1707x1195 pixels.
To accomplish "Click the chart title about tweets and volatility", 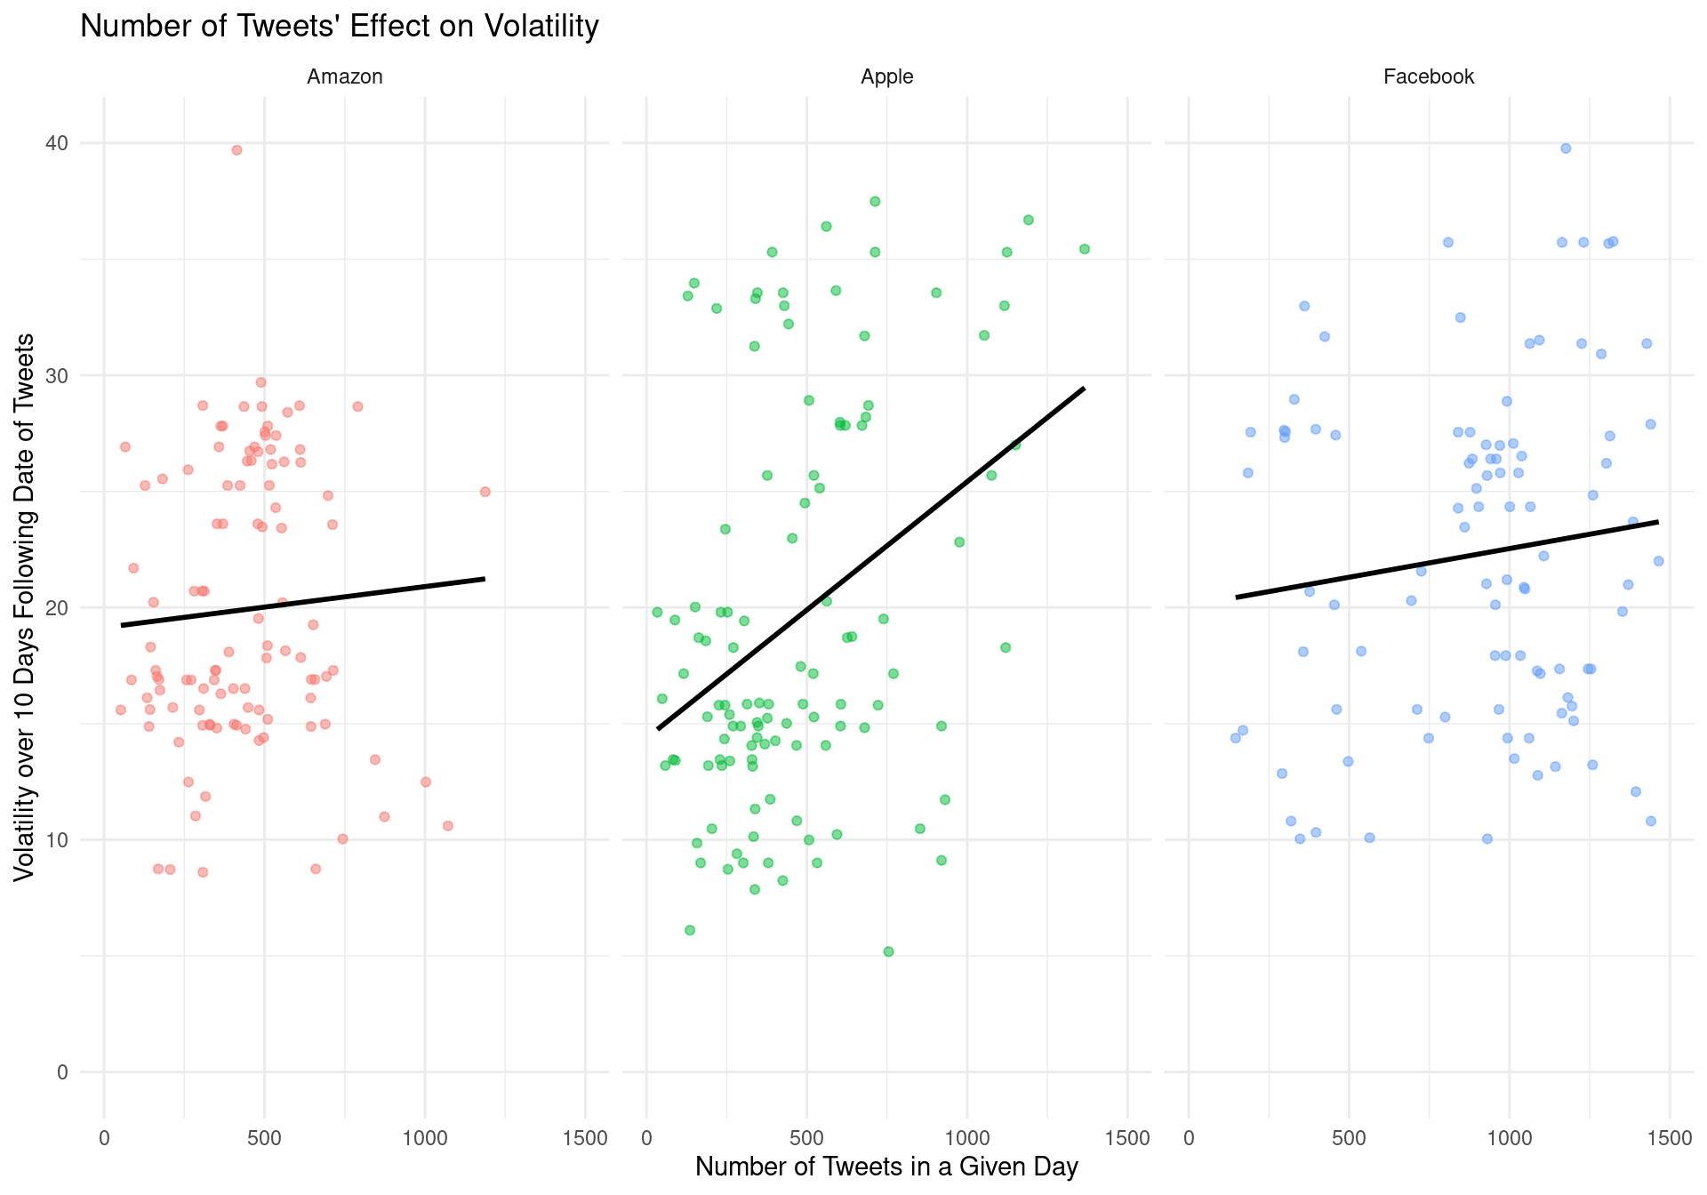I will [x=340, y=27].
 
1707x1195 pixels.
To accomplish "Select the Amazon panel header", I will [x=345, y=77].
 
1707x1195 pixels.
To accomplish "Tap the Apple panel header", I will [x=886, y=77].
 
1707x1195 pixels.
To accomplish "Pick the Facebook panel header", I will [x=1429, y=77].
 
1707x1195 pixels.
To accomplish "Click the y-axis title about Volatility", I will [x=25, y=607].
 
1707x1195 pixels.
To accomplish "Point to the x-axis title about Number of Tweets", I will [x=886, y=1167].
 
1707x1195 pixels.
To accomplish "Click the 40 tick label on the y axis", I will [x=57, y=143].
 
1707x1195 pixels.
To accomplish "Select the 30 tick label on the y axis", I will [x=57, y=375].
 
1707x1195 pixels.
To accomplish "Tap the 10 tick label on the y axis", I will [x=57, y=840].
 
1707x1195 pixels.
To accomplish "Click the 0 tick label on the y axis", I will [x=62, y=1072].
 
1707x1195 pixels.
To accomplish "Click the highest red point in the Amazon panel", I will [x=236, y=150].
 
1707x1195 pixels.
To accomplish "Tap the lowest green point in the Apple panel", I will [x=888, y=951].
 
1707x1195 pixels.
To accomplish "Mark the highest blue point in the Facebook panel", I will [x=1566, y=148].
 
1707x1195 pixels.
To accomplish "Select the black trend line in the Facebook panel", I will [x=1447, y=559].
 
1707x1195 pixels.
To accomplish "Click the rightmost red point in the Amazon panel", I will [x=485, y=492].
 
